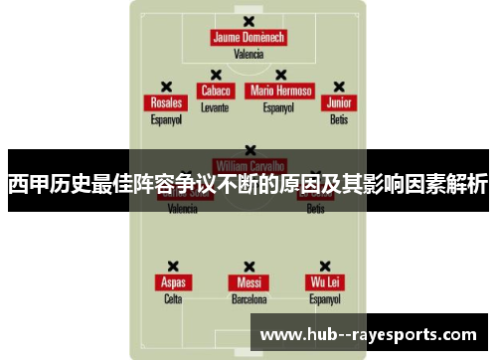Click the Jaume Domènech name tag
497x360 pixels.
[x=248, y=38]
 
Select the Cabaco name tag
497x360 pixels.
[x=215, y=90]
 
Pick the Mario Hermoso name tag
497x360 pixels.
[x=280, y=90]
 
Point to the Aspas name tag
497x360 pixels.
[x=173, y=282]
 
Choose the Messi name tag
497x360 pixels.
[x=248, y=282]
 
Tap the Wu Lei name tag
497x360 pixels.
[x=324, y=282]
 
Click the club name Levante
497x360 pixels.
[x=215, y=106]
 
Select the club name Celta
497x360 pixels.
[x=173, y=298]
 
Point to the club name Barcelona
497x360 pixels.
[x=248, y=298]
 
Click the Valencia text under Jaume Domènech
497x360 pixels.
[x=248, y=55]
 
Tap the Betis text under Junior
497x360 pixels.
[x=339, y=119]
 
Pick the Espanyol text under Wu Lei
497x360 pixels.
[x=324, y=298]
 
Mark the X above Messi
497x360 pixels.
[x=248, y=266]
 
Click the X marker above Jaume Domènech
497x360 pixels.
[x=248, y=21]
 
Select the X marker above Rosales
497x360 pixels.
[x=166, y=87]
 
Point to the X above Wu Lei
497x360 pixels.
[x=324, y=266]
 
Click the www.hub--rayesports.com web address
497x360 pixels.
[x=367, y=334]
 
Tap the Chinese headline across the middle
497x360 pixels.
[x=248, y=184]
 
